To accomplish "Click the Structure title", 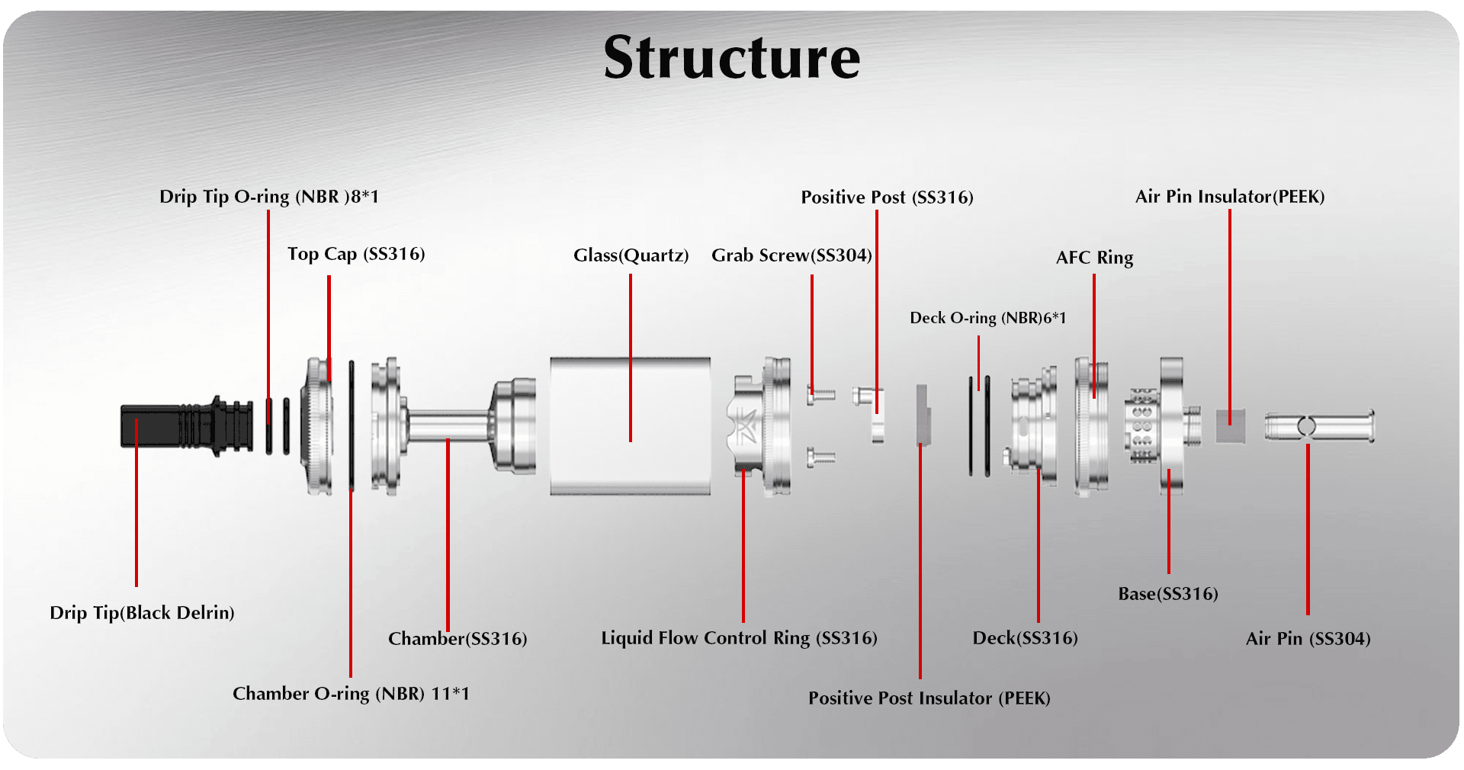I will pyautogui.click(x=731, y=58).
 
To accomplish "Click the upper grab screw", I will pyautogui.click(x=820, y=394).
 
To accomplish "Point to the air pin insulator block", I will pyautogui.click(x=1230, y=425).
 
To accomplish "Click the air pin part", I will pyautogui.click(x=1319, y=426).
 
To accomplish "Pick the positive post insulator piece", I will pyautogui.click(x=923, y=415).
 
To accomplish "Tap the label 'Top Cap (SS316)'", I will pyautogui.click(x=356, y=254).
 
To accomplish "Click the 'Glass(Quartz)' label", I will pyautogui.click(x=631, y=255).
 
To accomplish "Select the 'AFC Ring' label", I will pyautogui.click(x=1094, y=258).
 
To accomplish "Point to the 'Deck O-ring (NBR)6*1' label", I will pyautogui.click(x=987, y=318).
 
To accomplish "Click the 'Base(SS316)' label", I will pyautogui.click(x=1167, y=594).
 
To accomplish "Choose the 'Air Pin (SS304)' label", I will pyautogui.click(x=1308, y=639).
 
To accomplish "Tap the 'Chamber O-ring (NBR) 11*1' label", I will pyautogui.click(x=351, y=694).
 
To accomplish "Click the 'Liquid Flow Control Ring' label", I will pyautogui.click(x=739, y=638).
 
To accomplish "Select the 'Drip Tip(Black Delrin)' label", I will pyautogui.click(x=142, y=613).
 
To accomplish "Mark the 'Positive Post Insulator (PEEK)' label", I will pyautogui.click(x=929, y=698).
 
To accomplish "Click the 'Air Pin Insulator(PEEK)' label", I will pyautogui.click(x=1229, y=197).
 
